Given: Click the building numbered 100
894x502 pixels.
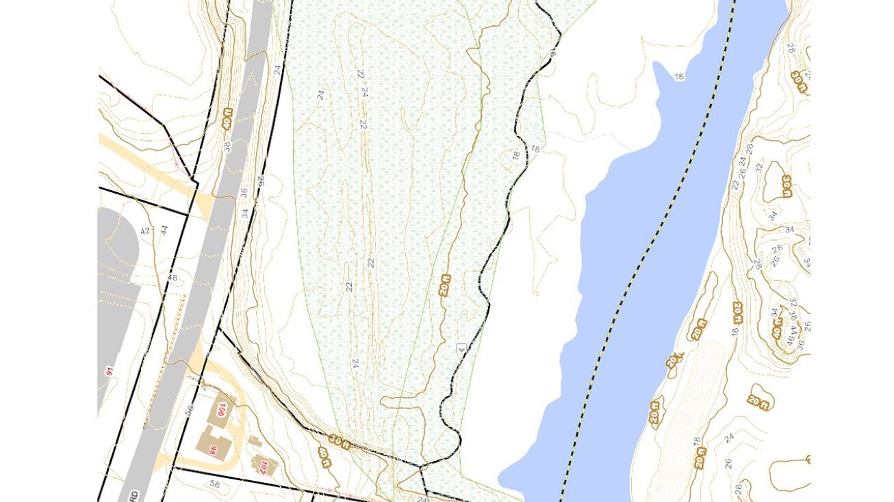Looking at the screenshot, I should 221,410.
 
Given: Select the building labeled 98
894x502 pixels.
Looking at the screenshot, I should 213,449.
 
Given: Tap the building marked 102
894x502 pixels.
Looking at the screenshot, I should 263,466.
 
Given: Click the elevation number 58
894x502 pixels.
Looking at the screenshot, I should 215,485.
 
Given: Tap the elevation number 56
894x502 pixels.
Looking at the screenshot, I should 190,408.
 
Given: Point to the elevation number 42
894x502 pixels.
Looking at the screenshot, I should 145,230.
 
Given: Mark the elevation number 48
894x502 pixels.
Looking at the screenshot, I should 172,278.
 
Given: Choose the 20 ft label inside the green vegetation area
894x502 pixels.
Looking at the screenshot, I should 446,284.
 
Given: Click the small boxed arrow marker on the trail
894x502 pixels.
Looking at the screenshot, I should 461,348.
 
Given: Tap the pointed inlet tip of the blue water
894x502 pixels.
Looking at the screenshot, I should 656,65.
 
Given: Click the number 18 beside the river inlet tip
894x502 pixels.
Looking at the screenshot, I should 679,77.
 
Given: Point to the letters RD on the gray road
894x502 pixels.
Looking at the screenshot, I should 134,494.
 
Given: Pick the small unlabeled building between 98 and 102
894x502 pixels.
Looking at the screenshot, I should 254,442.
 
